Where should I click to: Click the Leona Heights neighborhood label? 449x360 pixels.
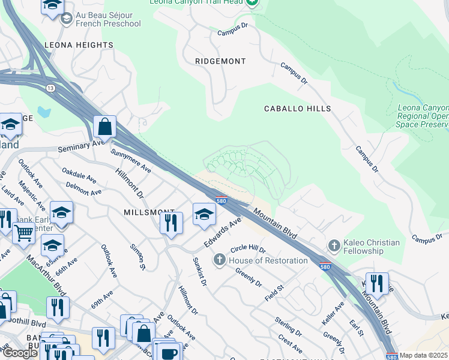coord(79,45)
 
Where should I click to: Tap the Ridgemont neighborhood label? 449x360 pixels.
coord(221,61)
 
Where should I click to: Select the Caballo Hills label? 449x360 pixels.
coord(298,109)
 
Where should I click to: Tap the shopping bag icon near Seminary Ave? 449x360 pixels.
coord(104,127)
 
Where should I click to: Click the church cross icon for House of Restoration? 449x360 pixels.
coord(220,260)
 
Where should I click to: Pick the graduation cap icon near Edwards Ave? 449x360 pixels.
coord(204,214)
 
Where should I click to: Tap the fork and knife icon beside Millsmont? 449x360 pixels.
coord(171,222)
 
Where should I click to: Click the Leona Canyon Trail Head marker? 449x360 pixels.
coord(252,2)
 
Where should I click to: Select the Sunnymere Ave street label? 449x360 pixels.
coord(130,160)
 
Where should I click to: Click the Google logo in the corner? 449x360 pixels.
coord(20,353)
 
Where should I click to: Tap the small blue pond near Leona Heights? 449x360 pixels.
coord(43,112)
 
